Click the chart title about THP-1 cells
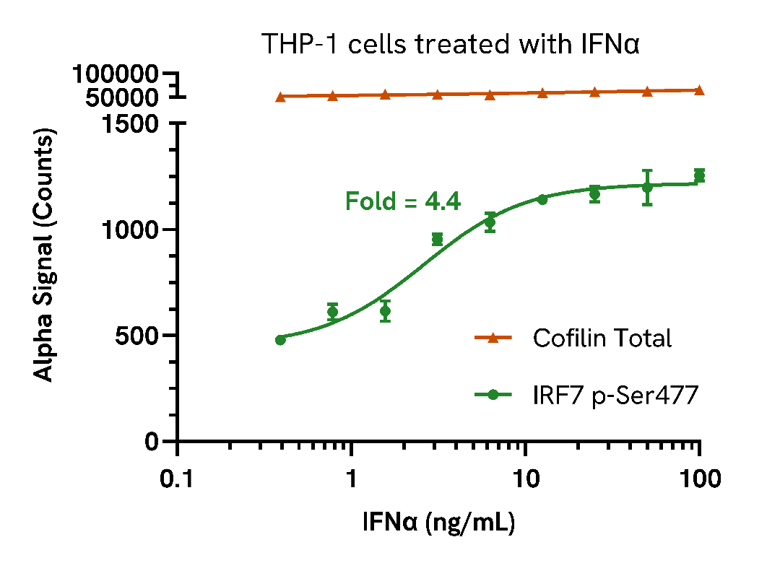(451, 45)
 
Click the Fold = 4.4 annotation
(402, 201)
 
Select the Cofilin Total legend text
(602, 338)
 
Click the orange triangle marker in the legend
(494, 338)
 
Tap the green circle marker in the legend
(494, 395)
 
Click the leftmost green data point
(280, 340)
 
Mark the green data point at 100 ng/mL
(699, 175)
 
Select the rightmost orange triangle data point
(699, 90)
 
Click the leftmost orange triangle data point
(280, 96)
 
